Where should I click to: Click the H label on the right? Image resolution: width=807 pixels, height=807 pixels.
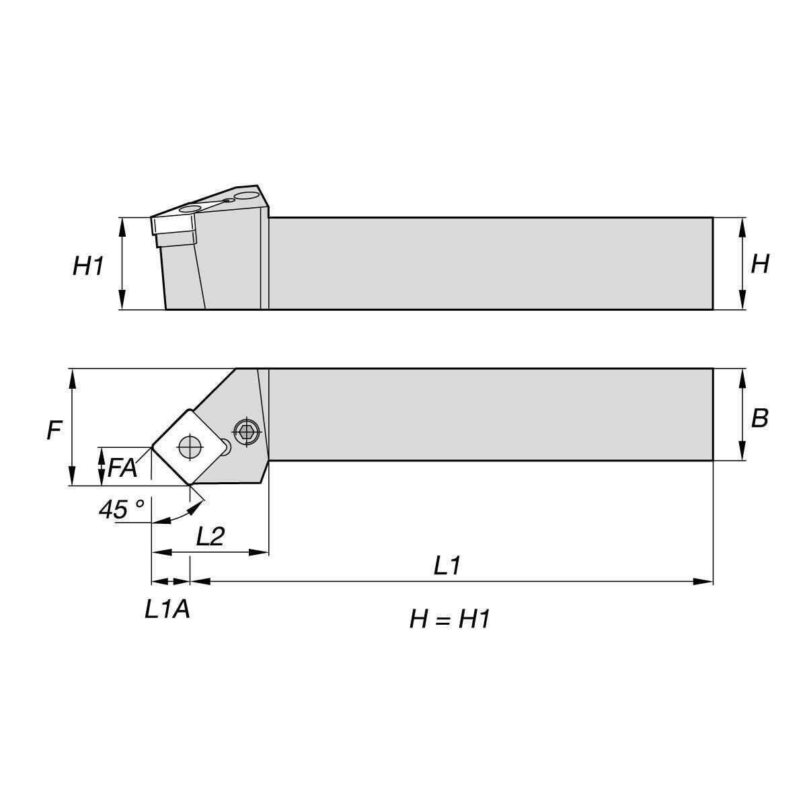pyautogui.click(x=760, y=264)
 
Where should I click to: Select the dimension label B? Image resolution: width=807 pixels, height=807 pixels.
pyautogui.click(x=759, y=418)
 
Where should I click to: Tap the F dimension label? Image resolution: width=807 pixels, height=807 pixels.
pyautogui.click(x=54, y=430)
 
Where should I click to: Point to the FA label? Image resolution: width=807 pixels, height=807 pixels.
pyautogui.click(x=122, y=467)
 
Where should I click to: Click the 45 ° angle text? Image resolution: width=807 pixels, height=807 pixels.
pyautogui.click(x=122, y=509)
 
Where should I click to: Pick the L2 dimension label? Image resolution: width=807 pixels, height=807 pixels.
pyautogui.click(x=210, y=535)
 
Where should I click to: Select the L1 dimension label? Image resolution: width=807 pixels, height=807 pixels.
pyautogui.click(x=447, y=565)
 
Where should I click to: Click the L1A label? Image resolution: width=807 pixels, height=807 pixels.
pyautogui.click(x=167, y=609)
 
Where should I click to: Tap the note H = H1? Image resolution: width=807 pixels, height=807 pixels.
pyautogui.click(x=449, y=619)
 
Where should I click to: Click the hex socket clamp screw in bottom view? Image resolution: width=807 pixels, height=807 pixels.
pyautogui.click(x=246, y=430)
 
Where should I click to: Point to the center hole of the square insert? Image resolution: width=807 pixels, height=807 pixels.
pyautogui.click(x=190, y=447)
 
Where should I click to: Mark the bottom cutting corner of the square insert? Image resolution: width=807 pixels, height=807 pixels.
pyautogui.click(x=190, y=486)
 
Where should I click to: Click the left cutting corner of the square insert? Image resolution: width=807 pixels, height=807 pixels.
pyautogui.click(x=152, y=447)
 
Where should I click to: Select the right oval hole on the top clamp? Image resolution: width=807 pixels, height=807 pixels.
pyautogui.click(x=246, y=195)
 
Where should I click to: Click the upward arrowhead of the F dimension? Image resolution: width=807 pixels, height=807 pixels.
pyautogui.click(x=73, y=379)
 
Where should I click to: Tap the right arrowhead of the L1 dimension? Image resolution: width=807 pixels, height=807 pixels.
pyautogui.click(x=703, y=581)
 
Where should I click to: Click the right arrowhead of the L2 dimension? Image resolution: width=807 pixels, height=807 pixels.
pyautogui.click(x=258, y=552)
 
